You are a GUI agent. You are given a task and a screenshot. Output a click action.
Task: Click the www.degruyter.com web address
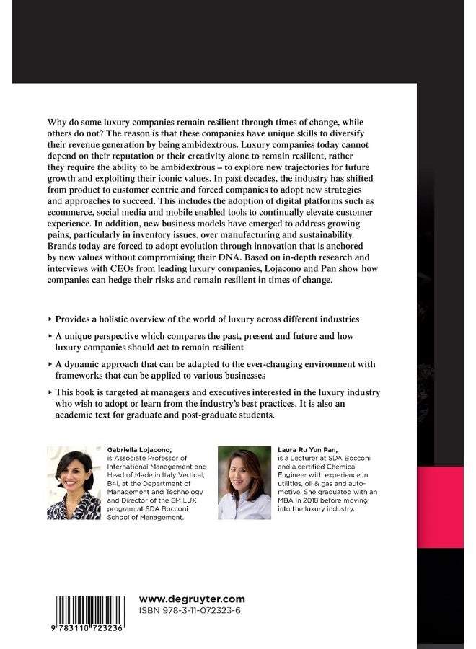(191, 599)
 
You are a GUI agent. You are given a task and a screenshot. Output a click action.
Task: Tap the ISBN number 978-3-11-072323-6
(190, 610)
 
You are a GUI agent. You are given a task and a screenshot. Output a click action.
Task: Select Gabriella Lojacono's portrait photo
(74, 483)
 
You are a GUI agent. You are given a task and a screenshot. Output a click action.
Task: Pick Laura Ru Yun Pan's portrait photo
(244, 483)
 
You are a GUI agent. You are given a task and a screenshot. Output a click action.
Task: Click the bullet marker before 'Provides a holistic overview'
(50, 318)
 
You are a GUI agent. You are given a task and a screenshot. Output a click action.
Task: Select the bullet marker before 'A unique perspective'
(50, 336)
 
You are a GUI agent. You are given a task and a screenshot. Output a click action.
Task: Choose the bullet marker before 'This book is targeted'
(50, 392)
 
